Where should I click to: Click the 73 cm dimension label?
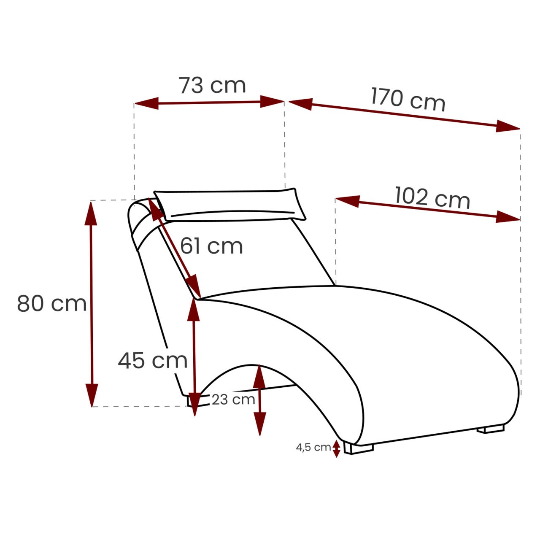[x=212, y=85]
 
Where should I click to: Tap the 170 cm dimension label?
[x=408, y=99]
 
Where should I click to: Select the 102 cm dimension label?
[x=432, y=197]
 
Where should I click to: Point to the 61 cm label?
[x=211, y=246]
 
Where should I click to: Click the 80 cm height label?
[x=52, y=303]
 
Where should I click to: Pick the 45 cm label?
[x=152, y=360]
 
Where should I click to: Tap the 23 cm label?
[x=233, y=400]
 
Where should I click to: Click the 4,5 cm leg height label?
[x=313, y=447]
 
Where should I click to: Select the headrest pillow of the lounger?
[x=230, y=204]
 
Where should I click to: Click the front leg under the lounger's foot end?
[x=359, y=448]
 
